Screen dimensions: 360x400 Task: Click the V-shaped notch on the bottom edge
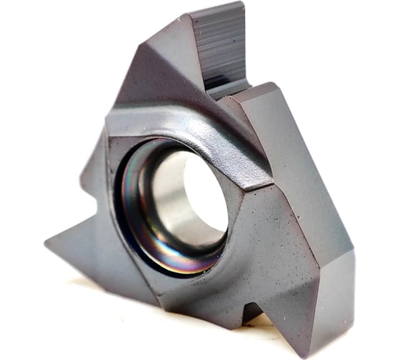[x=249, y=311]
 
